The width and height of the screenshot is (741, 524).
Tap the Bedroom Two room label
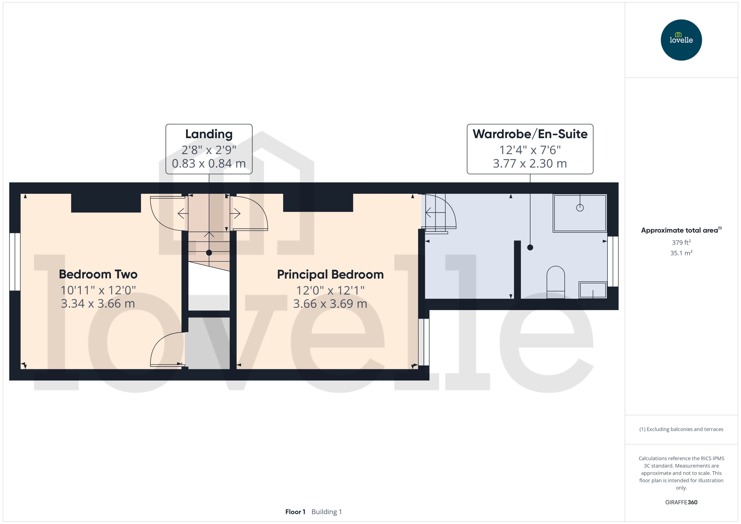coord(98,274)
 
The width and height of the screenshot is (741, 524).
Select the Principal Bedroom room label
coord(330,275)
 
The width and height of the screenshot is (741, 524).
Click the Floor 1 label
coord(295,512)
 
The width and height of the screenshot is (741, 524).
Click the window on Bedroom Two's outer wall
coord(15,262)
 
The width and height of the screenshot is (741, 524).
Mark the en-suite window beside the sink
coord(613,261)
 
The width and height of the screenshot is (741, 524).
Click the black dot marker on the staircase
coord(209,253)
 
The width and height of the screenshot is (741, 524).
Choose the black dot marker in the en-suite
coord(530,248)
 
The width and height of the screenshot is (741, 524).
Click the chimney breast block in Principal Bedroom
coord(318,203)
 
